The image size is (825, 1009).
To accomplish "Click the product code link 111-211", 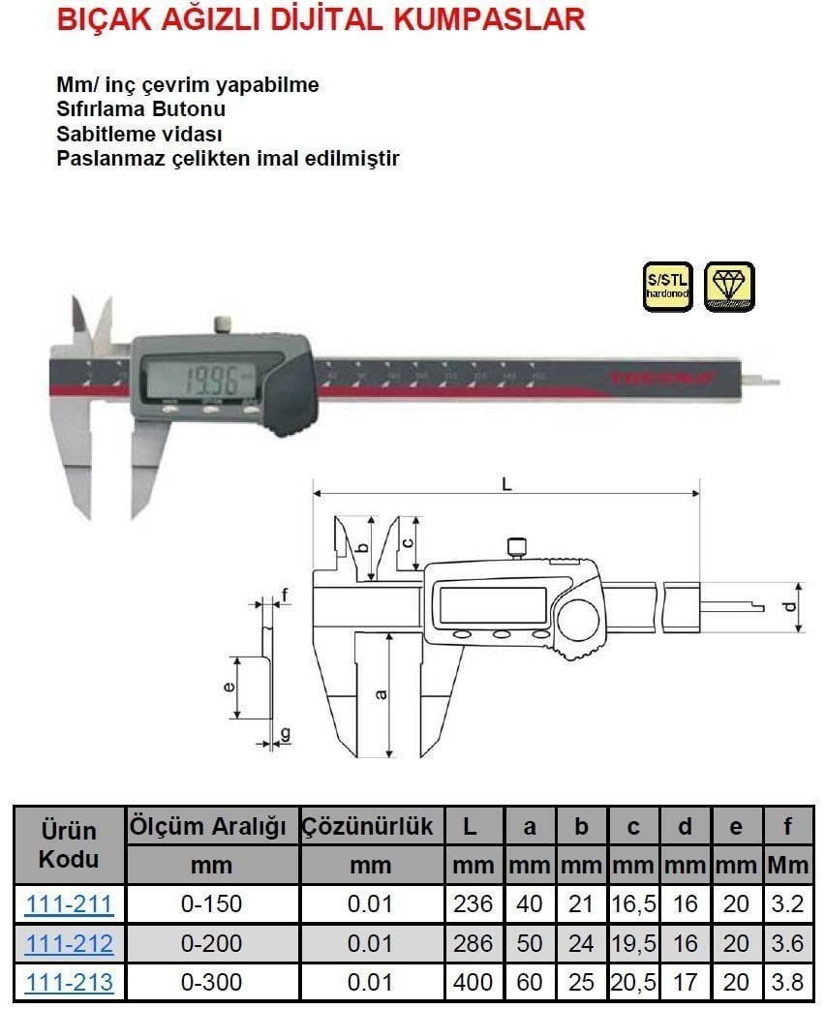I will (69, 904).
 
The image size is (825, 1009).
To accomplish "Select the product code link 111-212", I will (69, 943).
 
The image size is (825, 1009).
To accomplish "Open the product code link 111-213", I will (69, 982).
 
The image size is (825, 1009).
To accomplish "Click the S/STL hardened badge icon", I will (668, 287).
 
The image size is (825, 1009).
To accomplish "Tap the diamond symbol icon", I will (729, 287).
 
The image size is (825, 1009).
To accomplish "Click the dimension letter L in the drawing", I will (505, 483).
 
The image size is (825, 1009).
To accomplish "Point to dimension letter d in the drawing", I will (790, 608).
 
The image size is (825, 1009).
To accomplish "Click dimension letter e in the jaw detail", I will (228, 687).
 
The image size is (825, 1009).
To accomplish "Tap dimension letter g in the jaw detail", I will (284, 733).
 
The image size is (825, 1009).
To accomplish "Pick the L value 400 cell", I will (474, 982).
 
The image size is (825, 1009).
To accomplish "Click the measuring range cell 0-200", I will (211, 943).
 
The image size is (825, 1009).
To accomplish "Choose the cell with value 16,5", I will (634, 904).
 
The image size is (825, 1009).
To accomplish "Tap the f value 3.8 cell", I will (788, 982).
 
